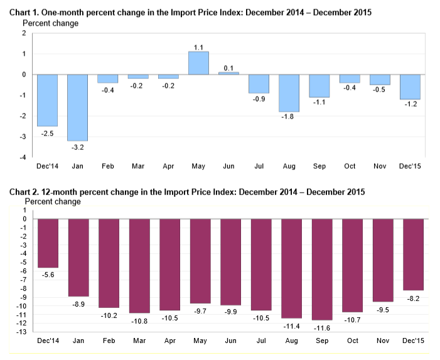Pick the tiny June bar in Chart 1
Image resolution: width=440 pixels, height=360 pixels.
coord(228,73)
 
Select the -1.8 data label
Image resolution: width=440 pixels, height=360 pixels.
coord(289,117)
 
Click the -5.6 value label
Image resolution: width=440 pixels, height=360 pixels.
coord(48,274)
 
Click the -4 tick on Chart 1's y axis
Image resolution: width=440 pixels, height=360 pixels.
coord(24,158)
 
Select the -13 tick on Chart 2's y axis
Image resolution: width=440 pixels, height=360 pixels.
coord(20,332)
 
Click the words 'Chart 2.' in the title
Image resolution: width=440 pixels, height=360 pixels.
coord(23,192)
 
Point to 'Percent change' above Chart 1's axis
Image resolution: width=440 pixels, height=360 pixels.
coord(51,23)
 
